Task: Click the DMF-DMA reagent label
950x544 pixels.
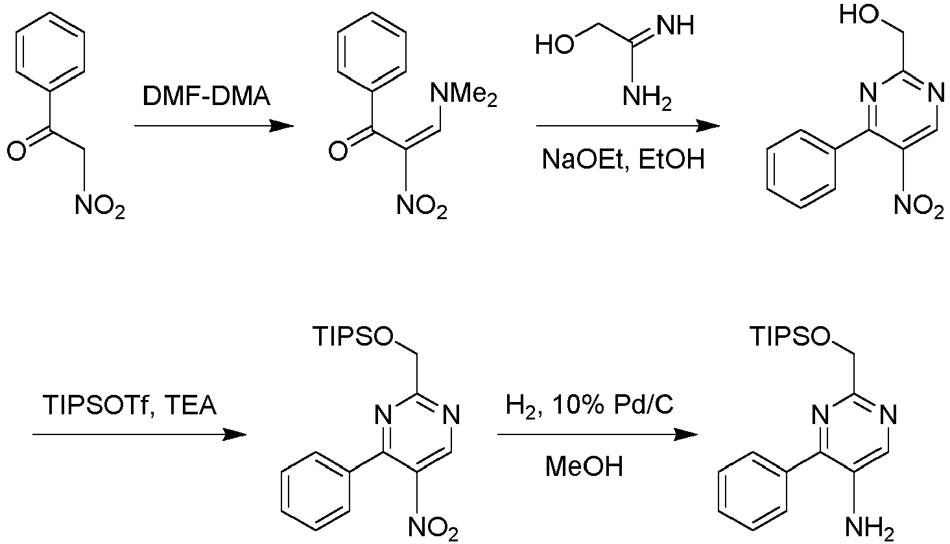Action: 206,97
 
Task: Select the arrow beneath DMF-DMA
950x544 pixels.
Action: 214,126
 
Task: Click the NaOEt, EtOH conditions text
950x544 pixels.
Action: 623,160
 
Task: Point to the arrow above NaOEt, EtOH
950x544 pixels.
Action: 628,126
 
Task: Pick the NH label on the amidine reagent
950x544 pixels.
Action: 676,25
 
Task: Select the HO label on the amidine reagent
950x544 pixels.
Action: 554,44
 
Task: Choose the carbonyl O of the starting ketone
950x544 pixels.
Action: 17,151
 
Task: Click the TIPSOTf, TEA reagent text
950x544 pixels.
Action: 129,405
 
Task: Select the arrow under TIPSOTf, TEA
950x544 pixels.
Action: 139,434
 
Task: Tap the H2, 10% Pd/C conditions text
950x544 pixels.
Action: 589,405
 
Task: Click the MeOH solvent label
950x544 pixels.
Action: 584,466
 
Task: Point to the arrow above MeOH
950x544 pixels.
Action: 598,434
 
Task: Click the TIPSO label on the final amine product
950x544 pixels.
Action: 790,337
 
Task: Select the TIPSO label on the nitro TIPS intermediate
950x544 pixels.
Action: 353,337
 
